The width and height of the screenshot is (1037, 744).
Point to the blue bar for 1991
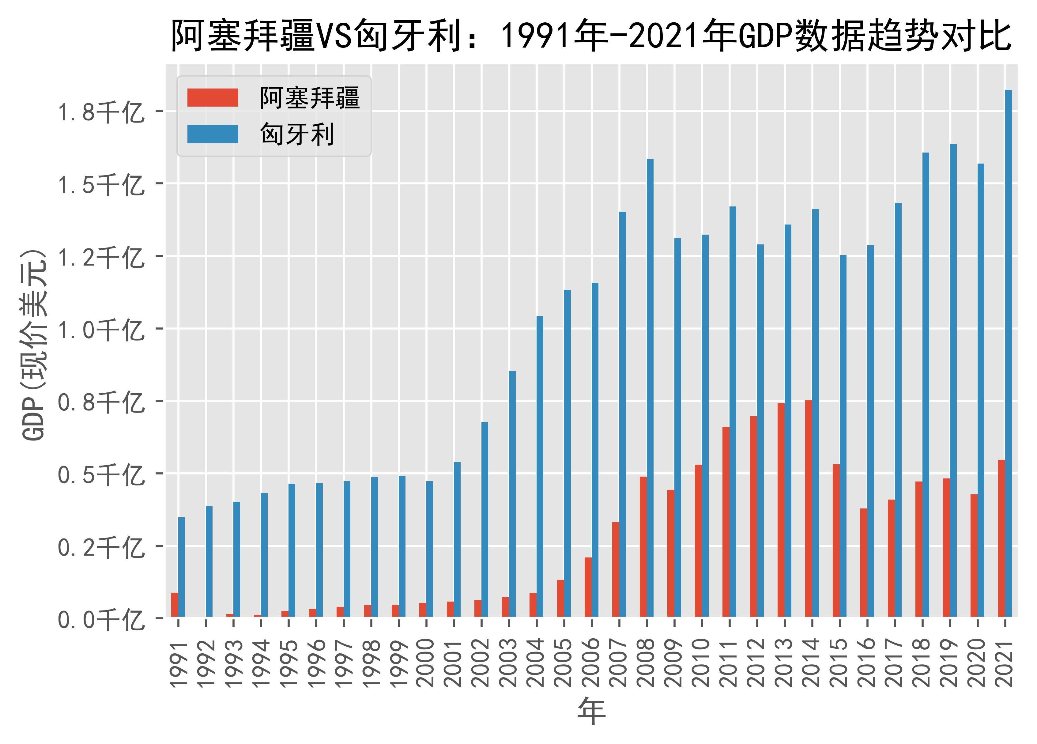pos(182,567)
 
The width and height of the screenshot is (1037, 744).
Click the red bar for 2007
pos(616,569)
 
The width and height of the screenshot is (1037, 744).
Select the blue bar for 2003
pos(512,494)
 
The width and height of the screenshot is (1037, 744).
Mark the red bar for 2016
pos(864,562)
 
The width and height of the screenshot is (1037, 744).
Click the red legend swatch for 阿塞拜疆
pos(213,97)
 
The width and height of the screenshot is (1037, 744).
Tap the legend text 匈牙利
pos(297,134)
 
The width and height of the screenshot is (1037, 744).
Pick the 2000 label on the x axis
pos(426,663)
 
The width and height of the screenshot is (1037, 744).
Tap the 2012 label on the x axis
pos(757,663)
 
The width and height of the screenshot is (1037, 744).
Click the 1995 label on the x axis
pos(288,663)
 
